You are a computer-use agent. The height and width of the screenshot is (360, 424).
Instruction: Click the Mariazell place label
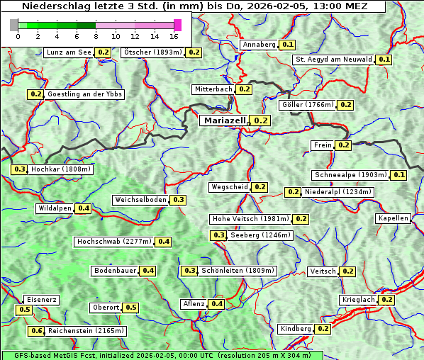click(223, 120)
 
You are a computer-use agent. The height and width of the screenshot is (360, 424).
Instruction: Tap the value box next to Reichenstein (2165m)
click(36, 331)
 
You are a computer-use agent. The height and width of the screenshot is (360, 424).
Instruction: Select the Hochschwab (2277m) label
click(113, 242)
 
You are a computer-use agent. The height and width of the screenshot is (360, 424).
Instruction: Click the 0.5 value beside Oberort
click(131, 308)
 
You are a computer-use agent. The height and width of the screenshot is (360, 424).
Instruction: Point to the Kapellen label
click(394, 218)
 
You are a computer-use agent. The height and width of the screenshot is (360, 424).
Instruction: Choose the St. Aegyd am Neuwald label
click(333, 60)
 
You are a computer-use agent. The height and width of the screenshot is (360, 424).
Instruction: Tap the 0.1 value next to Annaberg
click(287, 45)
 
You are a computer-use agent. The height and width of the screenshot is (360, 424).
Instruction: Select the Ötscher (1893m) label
click(152, 52)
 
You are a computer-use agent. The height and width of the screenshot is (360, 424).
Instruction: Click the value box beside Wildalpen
click(84, 208)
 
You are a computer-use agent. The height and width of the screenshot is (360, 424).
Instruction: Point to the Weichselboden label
click(140, 200)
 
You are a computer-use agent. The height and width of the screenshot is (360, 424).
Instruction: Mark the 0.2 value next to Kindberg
click(323, 329)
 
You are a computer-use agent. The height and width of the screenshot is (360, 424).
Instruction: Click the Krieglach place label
click(358, 300)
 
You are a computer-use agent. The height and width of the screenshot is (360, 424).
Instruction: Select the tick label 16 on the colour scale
click(174, 36)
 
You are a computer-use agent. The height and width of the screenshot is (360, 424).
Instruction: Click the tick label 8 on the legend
click(96, 36)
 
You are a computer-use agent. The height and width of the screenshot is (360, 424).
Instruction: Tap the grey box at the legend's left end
click(14, 25)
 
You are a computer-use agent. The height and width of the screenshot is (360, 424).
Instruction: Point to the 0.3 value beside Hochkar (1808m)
click(19, 169)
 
